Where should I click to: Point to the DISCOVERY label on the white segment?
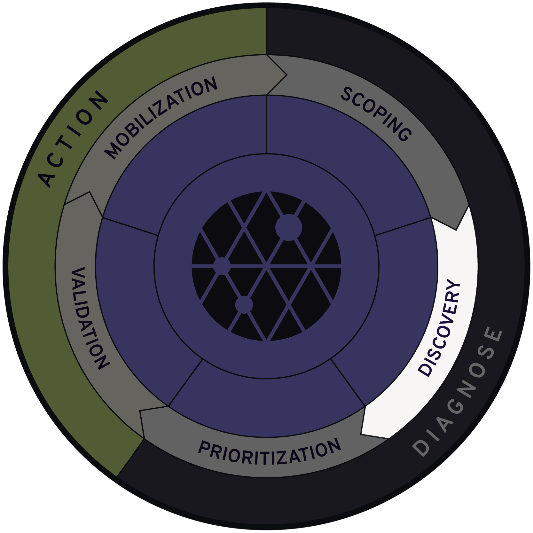439,327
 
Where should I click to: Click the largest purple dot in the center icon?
288,228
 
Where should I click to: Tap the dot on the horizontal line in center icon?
222,266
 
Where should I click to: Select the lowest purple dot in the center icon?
244,304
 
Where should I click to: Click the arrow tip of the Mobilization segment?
286,75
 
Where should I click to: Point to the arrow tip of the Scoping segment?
456,229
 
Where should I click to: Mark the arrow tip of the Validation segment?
90,192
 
